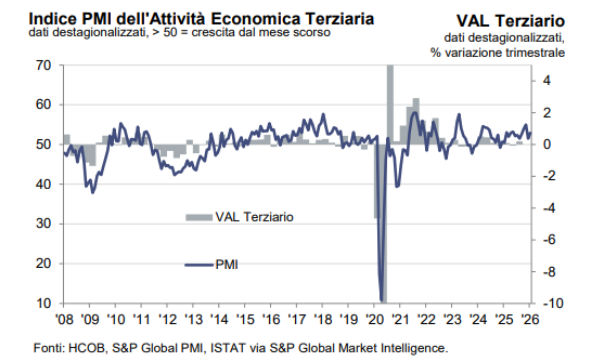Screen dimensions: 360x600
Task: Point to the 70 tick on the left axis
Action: coord(43,66)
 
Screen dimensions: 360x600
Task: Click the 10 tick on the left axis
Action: coord(43,303)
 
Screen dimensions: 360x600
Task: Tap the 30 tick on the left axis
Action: coord(43,224)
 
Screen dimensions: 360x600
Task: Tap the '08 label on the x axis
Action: coord(63,319)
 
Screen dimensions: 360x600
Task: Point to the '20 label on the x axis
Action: coord(377,319)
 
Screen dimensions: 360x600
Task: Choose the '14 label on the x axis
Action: coord(220,319)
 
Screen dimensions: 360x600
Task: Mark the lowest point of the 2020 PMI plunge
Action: coord(382,298)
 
